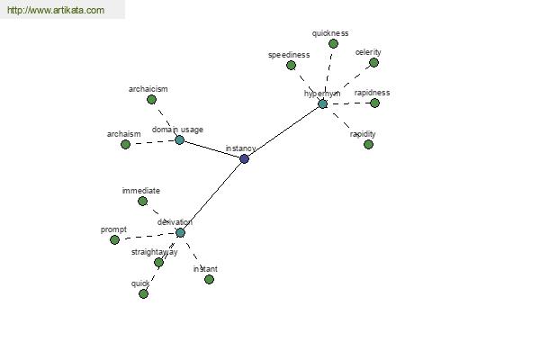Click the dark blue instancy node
[244, 158]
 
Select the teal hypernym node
[323, 103]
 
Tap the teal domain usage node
[179, 139]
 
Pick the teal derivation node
[180, 232]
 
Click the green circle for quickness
[333, 44]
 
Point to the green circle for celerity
[373, 63]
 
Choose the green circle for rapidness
[374, 103]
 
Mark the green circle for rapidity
[368, 144]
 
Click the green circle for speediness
[291, 65]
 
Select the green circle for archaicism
[151, 100]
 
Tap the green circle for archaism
[126, 144]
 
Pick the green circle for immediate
[142, 202]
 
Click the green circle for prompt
[114, 239]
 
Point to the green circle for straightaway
[158, 263]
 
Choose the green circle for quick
[144, 294]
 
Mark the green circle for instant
[209, 279]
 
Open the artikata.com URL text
[56, 10]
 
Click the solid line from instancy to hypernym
[283, 131]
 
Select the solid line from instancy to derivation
[212, 195]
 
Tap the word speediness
[289, 55]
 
